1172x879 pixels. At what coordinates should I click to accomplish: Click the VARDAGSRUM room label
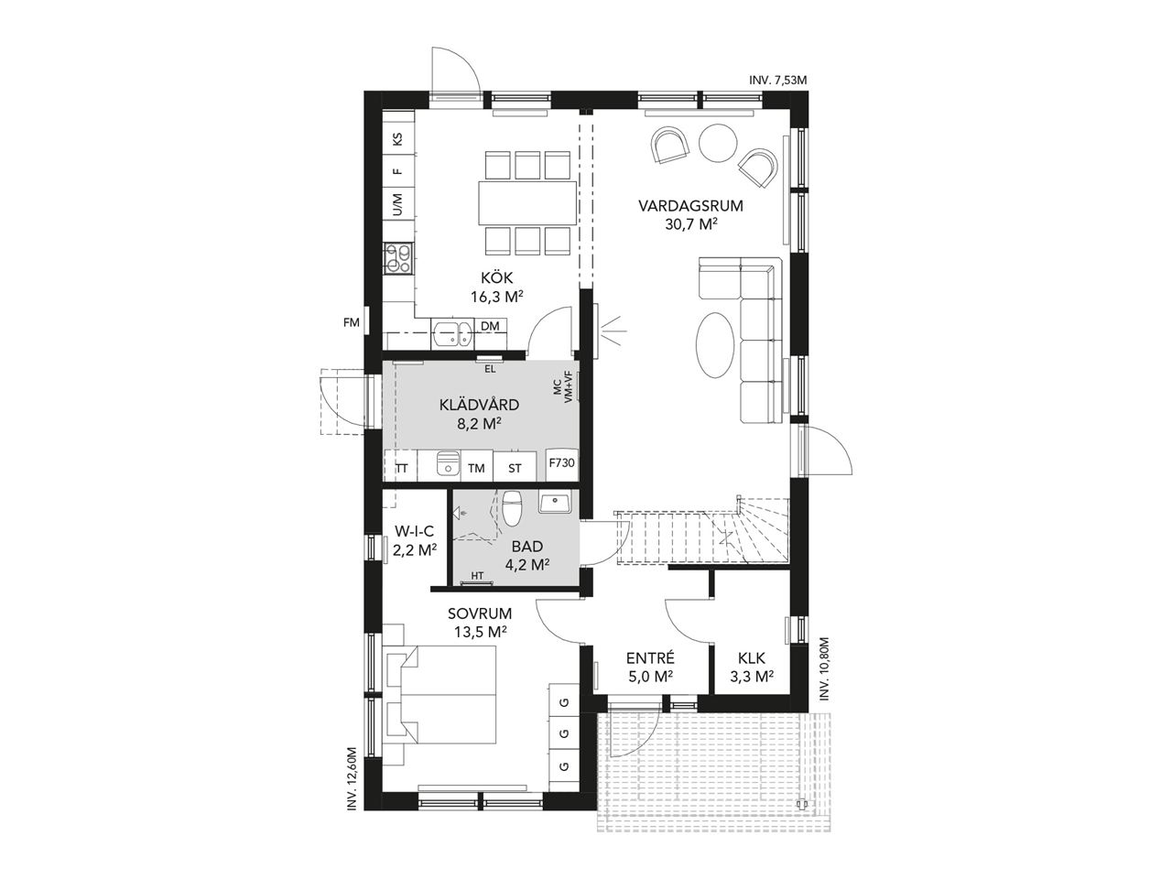(x=690, y=206)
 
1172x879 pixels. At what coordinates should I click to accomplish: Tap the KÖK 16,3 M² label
(x=496, y=288)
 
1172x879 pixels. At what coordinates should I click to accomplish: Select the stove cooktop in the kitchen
(x=398, y=258)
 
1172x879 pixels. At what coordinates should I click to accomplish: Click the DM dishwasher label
(x=490, y=326)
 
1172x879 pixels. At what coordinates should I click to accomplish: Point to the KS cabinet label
(x=397, y=140)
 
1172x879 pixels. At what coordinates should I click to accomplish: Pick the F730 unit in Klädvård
(x=561, y=462)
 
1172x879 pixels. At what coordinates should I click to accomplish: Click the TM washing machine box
(x=476, y=468)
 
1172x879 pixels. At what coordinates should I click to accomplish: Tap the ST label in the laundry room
(x=515, y=469)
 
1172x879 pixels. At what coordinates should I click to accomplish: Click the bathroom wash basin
(x=555, y=502)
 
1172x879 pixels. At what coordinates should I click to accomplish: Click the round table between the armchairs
(x=718, y=143)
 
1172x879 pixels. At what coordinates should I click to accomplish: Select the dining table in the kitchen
(x=527, y=203)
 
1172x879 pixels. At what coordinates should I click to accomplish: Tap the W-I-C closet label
(x=415, y=530)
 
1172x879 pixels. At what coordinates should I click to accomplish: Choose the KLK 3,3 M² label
(x=752, y=667)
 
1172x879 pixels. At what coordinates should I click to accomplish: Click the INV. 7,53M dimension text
(x=778, y=81)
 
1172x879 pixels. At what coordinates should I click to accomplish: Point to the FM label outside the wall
(x=352, y=322)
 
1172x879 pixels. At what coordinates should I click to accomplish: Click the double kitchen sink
(x=452, y=334)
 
